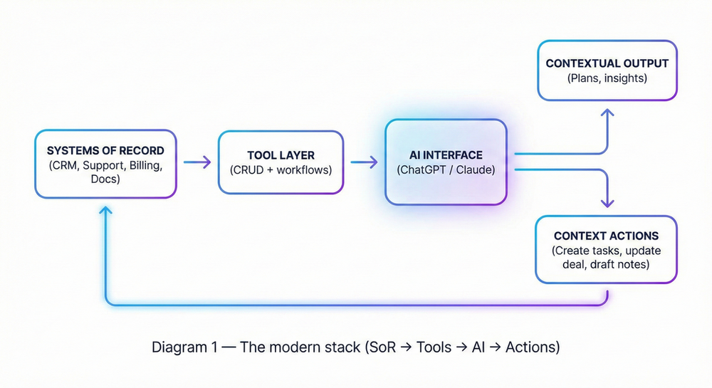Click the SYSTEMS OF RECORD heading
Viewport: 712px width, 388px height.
(105, 151)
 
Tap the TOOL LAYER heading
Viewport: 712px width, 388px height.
(281, 155)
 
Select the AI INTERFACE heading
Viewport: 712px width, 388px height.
(446, 154)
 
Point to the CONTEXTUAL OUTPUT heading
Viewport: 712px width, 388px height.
(607, 63)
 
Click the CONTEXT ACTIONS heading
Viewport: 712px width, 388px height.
(606, 236)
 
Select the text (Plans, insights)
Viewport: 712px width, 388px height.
(607, 78)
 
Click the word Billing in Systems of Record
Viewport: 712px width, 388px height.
(146, 165)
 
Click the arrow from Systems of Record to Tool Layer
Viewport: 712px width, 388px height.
(197, 162)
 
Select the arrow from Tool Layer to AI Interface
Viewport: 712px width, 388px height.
(364, 162)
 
